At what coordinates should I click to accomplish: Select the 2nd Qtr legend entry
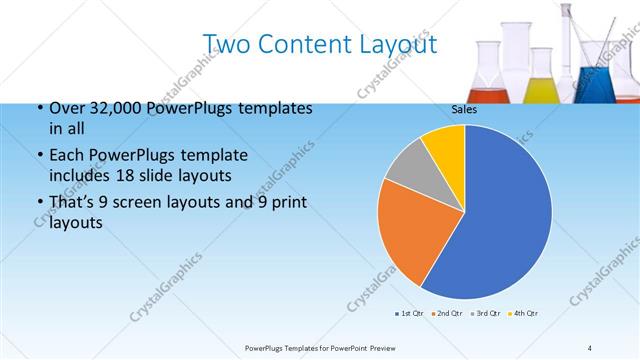447,314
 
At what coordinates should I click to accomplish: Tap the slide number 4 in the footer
590,347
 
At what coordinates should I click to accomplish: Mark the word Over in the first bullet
66,108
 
